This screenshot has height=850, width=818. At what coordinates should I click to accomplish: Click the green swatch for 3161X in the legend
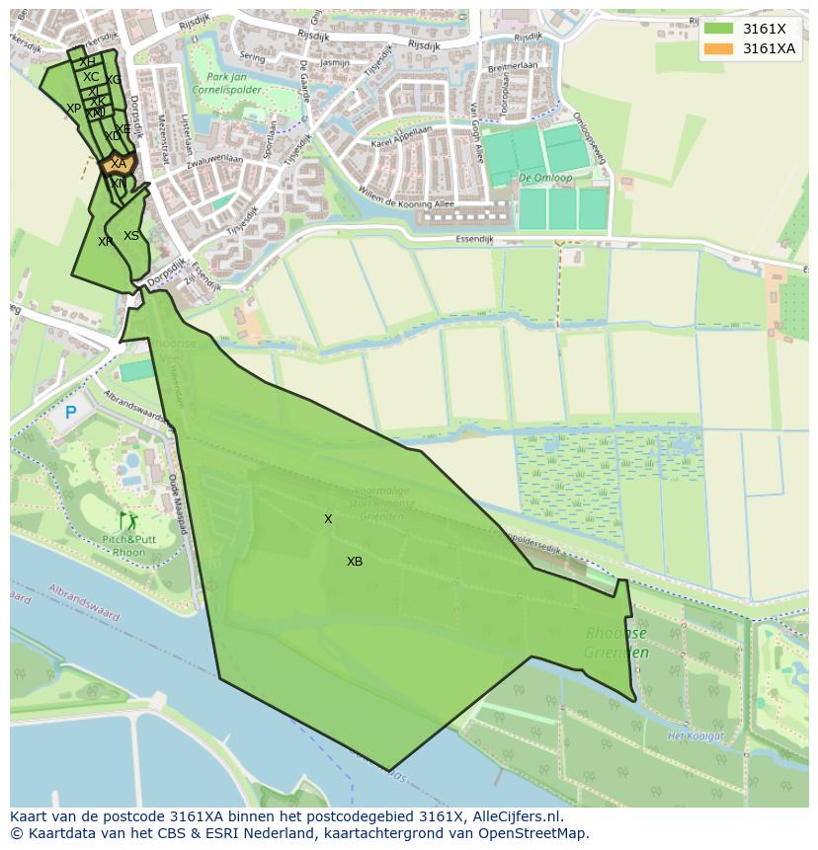(718, 29)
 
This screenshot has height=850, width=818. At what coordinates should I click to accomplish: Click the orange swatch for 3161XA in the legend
(718, 48)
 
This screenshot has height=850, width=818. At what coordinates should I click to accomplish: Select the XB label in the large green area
(355, 562)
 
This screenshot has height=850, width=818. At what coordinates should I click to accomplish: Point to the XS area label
(131, 236)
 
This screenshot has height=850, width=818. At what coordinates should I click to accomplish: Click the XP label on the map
(74, 109)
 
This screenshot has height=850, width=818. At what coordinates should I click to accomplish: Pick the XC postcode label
(91, 77)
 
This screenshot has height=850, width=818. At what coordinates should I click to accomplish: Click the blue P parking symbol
(70, 413)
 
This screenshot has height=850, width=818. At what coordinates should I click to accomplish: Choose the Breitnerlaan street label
(512, 68)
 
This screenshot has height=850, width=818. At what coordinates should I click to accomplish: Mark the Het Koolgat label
(691, 736)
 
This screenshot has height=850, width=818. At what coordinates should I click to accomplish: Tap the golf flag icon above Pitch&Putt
(125, 519)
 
